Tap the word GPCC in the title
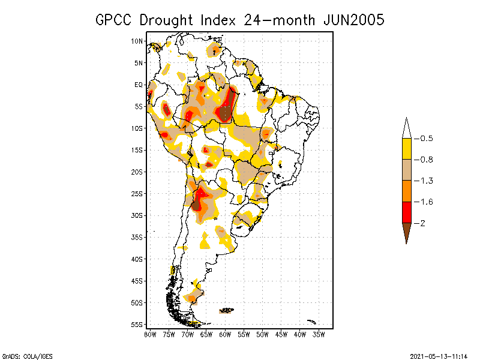click(115, 20)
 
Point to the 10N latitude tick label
click(137, 41)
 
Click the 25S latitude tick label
click(137, 194)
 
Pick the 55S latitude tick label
click(137, 325)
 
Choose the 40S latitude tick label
click(137, 259)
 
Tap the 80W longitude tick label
click(150, 334)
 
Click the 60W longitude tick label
click(225, 334)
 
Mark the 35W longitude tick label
click(319, 334)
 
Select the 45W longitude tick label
click(281, 334)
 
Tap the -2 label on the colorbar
click(422, 223)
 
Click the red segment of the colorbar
click(406, 212)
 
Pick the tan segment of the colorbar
click(406, 170)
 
